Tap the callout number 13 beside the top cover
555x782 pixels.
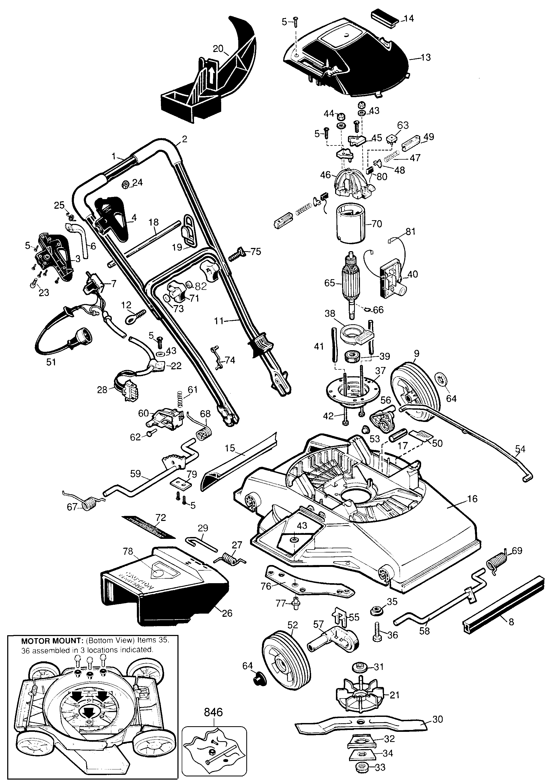[426, 57]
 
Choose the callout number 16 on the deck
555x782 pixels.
[472, 499]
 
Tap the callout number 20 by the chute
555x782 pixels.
[218, 49]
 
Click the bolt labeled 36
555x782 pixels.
[378, 633]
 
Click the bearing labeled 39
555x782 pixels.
[352, 357]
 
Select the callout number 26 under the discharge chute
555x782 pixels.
[227, 613]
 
